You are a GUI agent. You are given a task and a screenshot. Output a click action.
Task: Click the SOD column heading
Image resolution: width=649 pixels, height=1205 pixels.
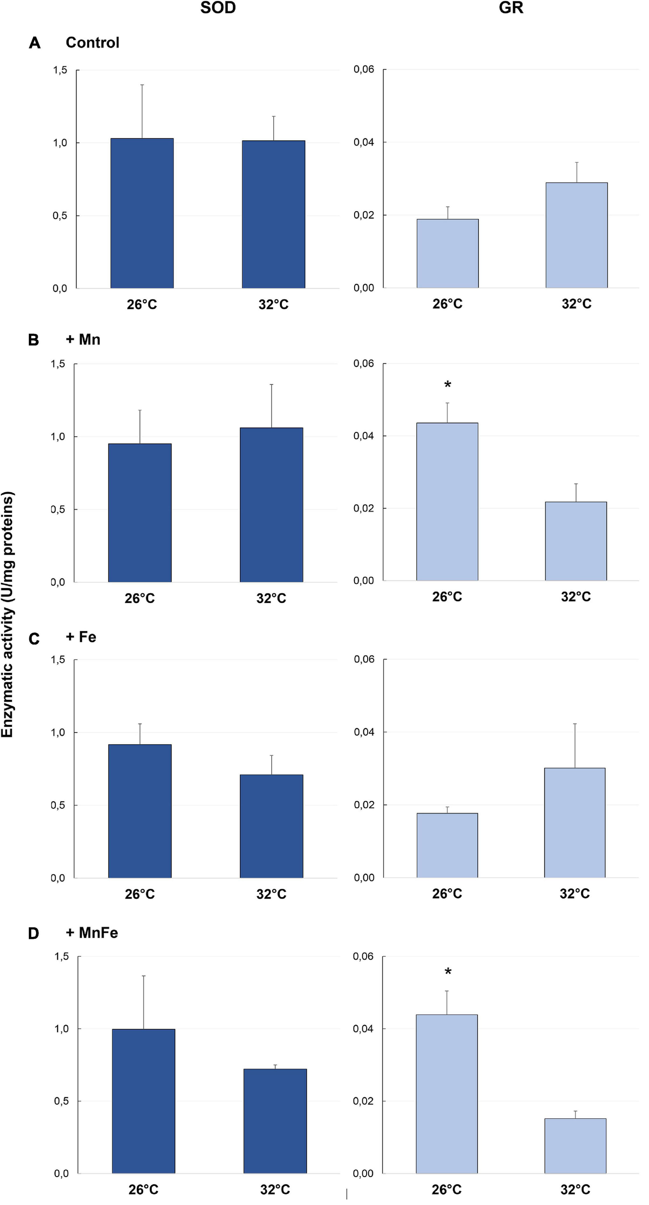pyautogui.click(x=218, y=8)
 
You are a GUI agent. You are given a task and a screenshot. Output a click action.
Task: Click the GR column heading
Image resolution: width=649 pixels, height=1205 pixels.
pyautogui.click(x=511, y=8)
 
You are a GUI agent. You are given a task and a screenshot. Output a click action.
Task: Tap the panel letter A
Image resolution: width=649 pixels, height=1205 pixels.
pyautogui.click(x=34, y=43)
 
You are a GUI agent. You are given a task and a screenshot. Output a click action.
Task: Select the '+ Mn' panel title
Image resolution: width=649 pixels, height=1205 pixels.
pyautogui.click(x=83, y=340)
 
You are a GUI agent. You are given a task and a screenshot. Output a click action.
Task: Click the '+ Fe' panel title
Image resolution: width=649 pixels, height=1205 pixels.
pyautogui.click(x=81, y=637)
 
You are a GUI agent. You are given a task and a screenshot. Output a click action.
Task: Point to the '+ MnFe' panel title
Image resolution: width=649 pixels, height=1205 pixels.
pyautogui.click(x=92, y=933)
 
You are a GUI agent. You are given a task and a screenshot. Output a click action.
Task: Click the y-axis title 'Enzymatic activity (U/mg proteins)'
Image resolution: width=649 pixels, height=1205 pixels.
pyautogui.click(x=8, y=615)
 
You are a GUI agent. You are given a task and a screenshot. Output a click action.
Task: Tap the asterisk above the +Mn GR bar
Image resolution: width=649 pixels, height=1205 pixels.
pyautogui.click(x=448, y=385)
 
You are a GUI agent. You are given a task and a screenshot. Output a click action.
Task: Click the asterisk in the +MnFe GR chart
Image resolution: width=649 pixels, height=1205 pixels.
pyautogui.click(x=448, y=972)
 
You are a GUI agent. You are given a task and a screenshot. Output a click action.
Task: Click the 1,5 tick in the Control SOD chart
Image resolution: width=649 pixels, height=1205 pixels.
pyautogui.click(x=60, y=70)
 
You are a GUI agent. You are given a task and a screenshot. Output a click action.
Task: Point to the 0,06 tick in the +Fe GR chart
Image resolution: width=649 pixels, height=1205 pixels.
pyautogui.click(x=364, y=659)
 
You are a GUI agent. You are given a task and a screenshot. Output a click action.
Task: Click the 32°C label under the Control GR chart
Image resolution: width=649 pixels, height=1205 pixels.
pyautogui.click(x=576, y=304)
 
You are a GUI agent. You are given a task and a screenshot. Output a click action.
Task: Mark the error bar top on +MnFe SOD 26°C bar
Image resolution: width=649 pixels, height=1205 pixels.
pyautogui.click(x=144, y=976)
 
